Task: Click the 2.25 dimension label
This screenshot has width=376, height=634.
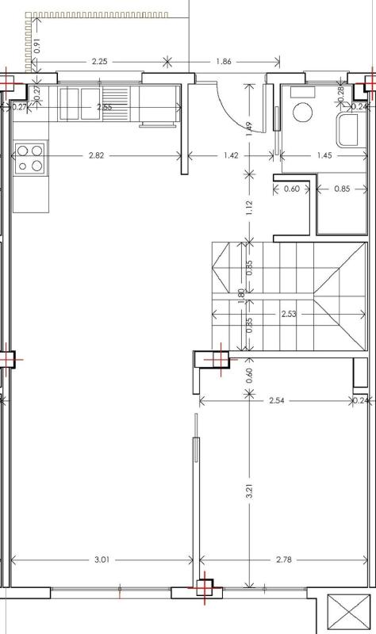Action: tap(100, 62)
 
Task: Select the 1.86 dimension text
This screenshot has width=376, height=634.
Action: tap(224, 62)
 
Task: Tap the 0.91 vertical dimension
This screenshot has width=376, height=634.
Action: tap(37, 46)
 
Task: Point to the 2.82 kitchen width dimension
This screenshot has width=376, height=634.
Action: tap(96, 155)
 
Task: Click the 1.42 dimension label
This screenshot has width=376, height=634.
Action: tap(231, 155)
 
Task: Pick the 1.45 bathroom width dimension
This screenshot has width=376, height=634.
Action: tap(324, 155)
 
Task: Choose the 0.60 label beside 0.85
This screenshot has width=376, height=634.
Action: tap(292, 189)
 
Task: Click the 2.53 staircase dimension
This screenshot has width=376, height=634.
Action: tap(289, 314)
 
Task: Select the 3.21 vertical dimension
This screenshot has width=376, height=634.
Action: tap(249, 490)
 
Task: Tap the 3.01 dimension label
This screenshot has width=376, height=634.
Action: tap(102, 560)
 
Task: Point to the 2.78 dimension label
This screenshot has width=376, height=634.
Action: tap(284, 560)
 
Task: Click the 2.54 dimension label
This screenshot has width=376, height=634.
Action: tap(277, 401)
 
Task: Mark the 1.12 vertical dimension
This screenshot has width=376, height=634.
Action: tap(249, 208)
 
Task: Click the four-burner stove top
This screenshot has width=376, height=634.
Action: tap(30, 158)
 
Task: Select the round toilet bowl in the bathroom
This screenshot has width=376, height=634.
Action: tap(303, 113)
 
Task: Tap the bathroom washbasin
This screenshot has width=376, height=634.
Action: tap(347, 130)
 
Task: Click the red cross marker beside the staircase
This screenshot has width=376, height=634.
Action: tap(221, 359)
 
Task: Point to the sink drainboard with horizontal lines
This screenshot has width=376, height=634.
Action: tap(115, 104)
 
